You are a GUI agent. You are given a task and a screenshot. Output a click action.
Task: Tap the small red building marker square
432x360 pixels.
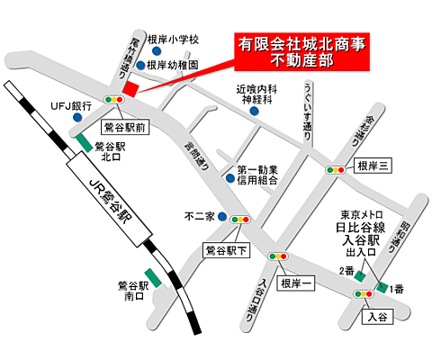pos(131,89)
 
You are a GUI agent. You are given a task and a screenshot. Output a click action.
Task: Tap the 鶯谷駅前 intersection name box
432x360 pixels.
pos(125,129)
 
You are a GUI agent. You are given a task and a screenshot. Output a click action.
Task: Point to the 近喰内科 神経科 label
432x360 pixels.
pos(255,94)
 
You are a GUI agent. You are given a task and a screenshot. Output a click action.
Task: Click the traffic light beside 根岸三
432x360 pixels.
pos(337,168)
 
